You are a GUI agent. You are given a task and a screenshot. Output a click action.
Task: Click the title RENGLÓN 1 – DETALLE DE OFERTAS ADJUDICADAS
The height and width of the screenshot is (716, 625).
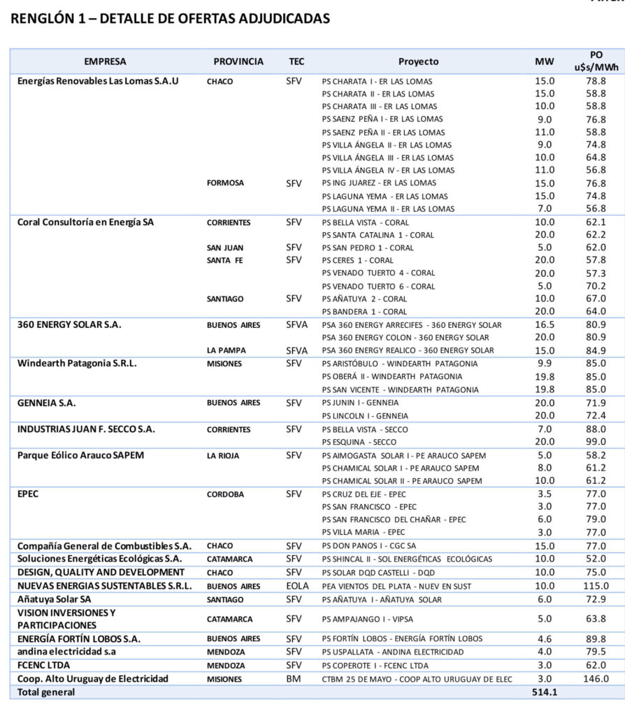(x=170, y=19)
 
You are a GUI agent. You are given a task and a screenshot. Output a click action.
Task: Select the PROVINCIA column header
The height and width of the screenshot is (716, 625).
(x=238, y=62)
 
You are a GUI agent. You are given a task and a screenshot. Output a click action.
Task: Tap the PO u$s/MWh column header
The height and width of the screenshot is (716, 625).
(x=596, y=61)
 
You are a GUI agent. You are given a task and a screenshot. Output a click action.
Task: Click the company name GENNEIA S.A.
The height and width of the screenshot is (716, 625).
(x=47, y=403)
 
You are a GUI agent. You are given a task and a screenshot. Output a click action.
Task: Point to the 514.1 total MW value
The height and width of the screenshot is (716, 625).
(x=544, y=692)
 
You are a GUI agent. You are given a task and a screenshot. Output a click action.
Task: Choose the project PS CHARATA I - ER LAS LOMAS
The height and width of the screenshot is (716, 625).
(x=377, y=81)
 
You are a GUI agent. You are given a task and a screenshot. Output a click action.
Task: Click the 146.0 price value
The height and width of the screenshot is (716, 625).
(x=596, y=679)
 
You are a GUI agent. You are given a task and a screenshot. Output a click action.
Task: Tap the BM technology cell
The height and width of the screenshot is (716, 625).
(x=294, y=679)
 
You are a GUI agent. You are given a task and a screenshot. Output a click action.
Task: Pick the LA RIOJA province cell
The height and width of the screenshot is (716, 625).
(x=223, y=456)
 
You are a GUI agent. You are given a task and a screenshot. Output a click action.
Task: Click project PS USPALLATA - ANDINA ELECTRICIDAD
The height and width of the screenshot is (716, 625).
(x=392, y=652)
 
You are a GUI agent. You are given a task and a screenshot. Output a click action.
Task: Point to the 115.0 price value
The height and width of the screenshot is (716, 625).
(x=596, y=586)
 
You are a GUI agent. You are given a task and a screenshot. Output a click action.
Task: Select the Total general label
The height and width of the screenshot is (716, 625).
(x=46, y=692)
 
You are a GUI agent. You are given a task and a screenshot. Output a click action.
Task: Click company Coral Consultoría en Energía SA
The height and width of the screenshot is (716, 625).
(x=85, y=222)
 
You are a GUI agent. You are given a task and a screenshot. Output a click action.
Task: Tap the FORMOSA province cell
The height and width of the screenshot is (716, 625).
(x=225, y=183)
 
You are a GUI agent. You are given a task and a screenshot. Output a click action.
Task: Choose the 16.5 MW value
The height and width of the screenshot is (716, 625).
(x=544, y=324)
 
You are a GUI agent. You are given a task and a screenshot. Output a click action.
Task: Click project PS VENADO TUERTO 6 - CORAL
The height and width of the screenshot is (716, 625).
(x=378, y=286)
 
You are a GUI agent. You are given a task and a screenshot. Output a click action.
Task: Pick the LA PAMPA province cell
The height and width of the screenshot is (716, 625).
(x=225, y=350)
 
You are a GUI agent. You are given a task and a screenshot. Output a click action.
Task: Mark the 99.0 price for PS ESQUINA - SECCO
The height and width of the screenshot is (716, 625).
(x=596, y=442)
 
